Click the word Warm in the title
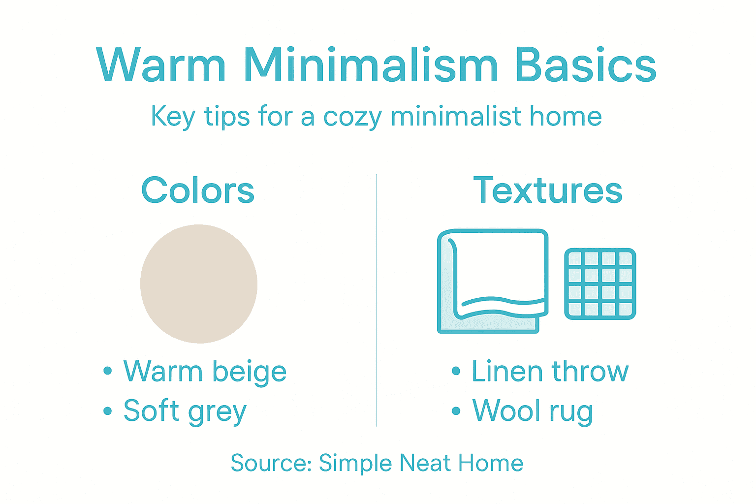(x=161, y=65)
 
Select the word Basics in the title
(x=585, y=65)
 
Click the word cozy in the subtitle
(x=352, y=118)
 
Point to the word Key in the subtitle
(x=173, y=118)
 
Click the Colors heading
(x=198, y=190)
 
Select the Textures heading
(x=548, y=190)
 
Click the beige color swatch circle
(x=199, y=283)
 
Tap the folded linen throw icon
(x=493, y=281)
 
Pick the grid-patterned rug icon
(x=600, y=284)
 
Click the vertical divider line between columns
(x=377, y=300)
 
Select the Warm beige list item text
(x=205, y=371)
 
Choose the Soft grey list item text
(x=185, y=411)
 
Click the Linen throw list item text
(x=550, y=371)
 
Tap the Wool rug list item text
(x=533, y=411)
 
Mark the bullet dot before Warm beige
(x=108, y=372)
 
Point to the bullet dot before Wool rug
(x=456, y=411)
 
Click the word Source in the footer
(x=270, y=463)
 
